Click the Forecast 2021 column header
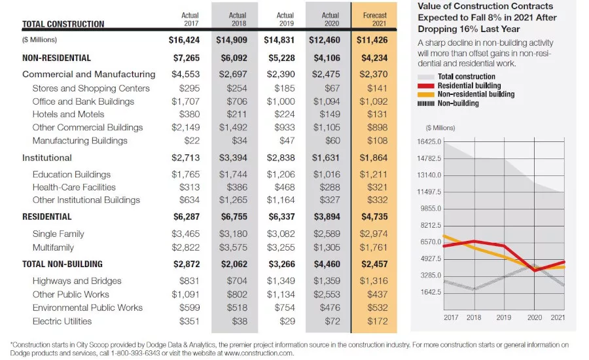tap(374, 19)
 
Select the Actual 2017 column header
tap(190, 19)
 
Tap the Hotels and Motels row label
tap(68, 115)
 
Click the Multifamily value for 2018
tap(233, 247)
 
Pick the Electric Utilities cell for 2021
tap(377, 321)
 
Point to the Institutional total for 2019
tap(281, 158)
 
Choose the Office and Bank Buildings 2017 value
tap(186, 101)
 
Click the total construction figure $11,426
tap(372, 40)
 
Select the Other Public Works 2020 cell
tap(327, 295)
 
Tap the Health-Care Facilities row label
tap(74, 187)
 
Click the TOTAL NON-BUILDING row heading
tap(62, 264)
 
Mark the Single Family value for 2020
tap(327, 234)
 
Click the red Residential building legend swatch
tap(426, 86)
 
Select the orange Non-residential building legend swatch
tap(426, 94)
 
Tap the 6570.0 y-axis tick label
tap(431, 242)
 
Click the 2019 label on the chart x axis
tap(504, 317)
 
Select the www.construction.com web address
tap(259, 353)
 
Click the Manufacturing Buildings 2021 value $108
tap(377, 141)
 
